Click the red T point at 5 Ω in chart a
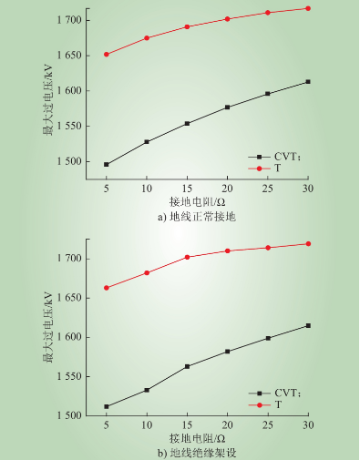107,54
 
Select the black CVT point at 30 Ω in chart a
308,82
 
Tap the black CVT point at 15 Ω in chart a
187,123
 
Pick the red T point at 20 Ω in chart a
227,18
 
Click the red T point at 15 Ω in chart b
187,257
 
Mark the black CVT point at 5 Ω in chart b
107,406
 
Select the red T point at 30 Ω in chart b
308,243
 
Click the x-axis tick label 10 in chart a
147,187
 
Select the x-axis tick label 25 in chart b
268,425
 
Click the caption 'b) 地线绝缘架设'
202,451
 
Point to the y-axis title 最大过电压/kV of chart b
46,328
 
